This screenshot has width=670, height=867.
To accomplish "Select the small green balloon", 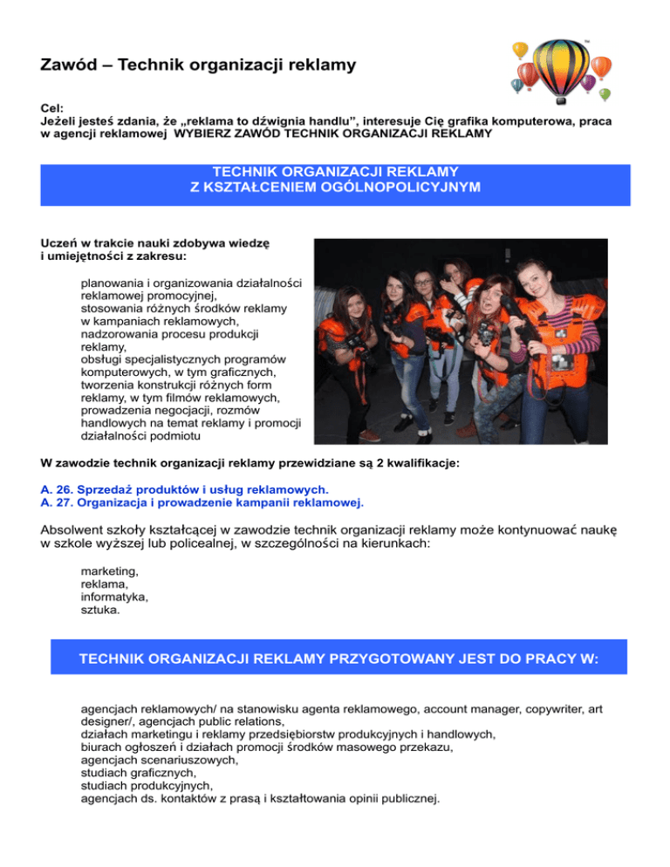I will (x=605, y=94).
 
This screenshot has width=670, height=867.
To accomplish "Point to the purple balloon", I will (x=589, y=82).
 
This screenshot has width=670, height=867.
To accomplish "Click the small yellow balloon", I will (x=520, y=50).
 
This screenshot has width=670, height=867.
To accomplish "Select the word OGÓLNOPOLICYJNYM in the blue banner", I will (x=391, y=188).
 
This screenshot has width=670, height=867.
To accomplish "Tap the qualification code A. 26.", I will (x=58, y=489).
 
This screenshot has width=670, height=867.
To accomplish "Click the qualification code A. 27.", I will (x=58, y=502).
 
